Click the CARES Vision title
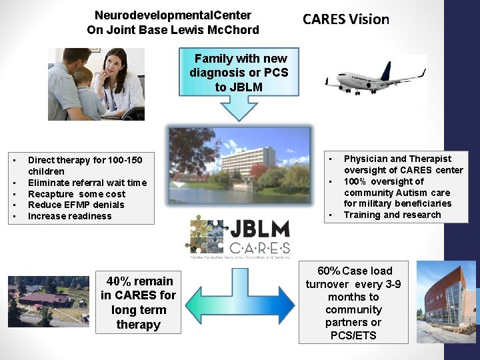click(x=345, y=19)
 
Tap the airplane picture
click(x=375, y=79)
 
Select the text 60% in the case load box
click(x=328, y=271)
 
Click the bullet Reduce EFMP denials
click(x=76, y=205)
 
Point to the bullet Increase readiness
click(x=70, y=216)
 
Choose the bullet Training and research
click(x=392, y=215)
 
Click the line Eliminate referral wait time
click(x=87, y=183)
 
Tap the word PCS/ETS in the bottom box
click(x=353, y=335)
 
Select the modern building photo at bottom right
click(x=446, y=301)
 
